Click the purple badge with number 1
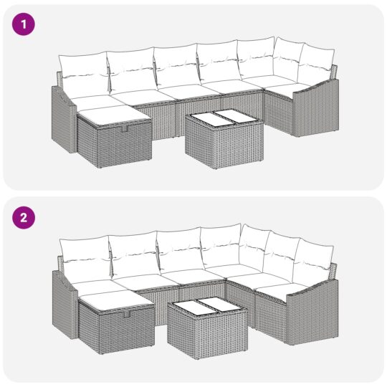pyautogui.click(x=26, y=25)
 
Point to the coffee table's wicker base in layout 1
pyautogui.click(x=222, y=147)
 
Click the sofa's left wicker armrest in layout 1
pyautogui.click(x=62, y=122)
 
